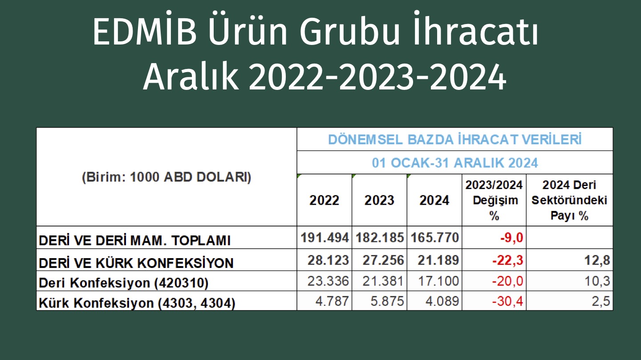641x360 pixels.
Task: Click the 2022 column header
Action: coord(324,200)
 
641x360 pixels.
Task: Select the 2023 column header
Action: coord(379,200)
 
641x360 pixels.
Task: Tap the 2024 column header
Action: coord(434,200)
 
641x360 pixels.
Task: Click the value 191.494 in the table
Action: coord(325,238)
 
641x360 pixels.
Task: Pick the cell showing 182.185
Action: coord(380,238)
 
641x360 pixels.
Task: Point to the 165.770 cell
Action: coord(434,238)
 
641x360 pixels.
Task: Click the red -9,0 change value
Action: coord(511,238)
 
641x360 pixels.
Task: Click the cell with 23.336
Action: coord(328,281)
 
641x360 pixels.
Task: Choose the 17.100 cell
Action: coord(438,281)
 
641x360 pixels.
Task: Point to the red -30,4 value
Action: coord(507,302)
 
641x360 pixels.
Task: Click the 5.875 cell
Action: coord(387,301)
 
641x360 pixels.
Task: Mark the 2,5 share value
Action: coord(601,302)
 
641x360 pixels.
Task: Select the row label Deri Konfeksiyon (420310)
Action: coord(124,283)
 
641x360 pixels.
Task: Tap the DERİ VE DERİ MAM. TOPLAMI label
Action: coord(134,240)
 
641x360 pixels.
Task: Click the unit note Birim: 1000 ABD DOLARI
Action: coord(166,177)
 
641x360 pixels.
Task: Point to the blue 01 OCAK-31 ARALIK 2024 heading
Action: coord(455,163)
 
